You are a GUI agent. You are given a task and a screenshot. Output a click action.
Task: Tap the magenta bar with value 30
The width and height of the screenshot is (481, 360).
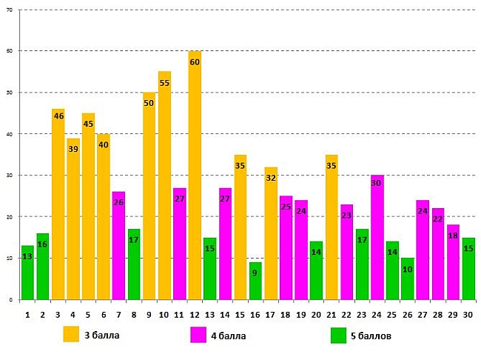pyautogui.click(x=377, y=238)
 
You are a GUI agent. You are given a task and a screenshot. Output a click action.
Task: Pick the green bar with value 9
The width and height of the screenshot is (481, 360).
pyautogui.click(x=255, y=281)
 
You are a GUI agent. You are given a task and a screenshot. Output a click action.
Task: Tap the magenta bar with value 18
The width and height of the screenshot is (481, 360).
pyautogui.click(x=453, y=262)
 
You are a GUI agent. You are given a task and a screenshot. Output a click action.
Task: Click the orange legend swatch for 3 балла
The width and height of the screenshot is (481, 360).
pyautogui.click(x=71, y=335)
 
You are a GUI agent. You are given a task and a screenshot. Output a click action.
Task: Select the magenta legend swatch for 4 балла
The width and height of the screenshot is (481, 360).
pyautogui.click(x=198, y=335)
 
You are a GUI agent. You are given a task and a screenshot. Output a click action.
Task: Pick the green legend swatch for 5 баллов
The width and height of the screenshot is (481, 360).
pyautogui.click(x=339, y=335)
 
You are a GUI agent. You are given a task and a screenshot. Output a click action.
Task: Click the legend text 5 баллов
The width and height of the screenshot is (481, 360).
pyautogui.click(x=372, y=336)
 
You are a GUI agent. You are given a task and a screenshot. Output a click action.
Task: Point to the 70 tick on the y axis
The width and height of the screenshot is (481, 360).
pyautogui.click(x=8, y=10)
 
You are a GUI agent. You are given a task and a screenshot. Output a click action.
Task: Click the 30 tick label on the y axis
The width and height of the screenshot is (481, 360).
pyautogui.click(x=8, y=176)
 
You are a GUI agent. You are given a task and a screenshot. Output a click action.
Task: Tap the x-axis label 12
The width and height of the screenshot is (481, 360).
pyautogui.click(x=195, y=314)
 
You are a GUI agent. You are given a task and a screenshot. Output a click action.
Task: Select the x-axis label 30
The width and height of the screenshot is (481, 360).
pyautogui.click(x=468, y=314)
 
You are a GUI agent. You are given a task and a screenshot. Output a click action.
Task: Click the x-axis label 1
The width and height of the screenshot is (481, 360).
pyautogui.click(x=27, y=314)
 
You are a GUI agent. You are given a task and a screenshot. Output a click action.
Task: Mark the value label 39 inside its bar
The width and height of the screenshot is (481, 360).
pyautogui.click(x=73, y=150)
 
